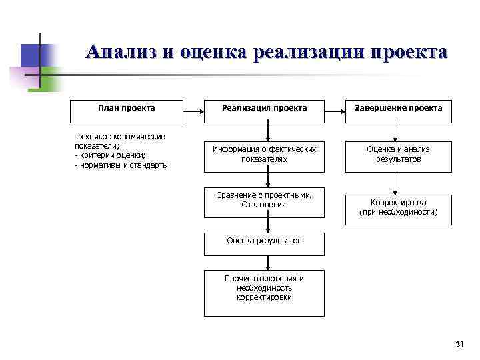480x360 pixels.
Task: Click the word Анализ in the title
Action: click(119, 52)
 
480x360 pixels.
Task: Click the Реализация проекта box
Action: click(264, 108)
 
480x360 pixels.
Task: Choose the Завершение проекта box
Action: click(398, 108)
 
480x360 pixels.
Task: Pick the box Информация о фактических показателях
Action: click(264, 155)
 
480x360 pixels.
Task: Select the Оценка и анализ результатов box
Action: click(398, 155)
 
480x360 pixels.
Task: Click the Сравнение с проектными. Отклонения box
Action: click(264, 200)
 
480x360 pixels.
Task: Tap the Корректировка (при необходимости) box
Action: click(398, 207)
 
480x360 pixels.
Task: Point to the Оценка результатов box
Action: click(264, 241)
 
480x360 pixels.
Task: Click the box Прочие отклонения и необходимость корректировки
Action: click(264, 288)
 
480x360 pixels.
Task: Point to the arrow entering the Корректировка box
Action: click(395, 183)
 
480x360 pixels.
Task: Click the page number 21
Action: click(459, 344)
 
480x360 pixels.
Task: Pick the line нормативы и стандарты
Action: click(122, 165)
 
